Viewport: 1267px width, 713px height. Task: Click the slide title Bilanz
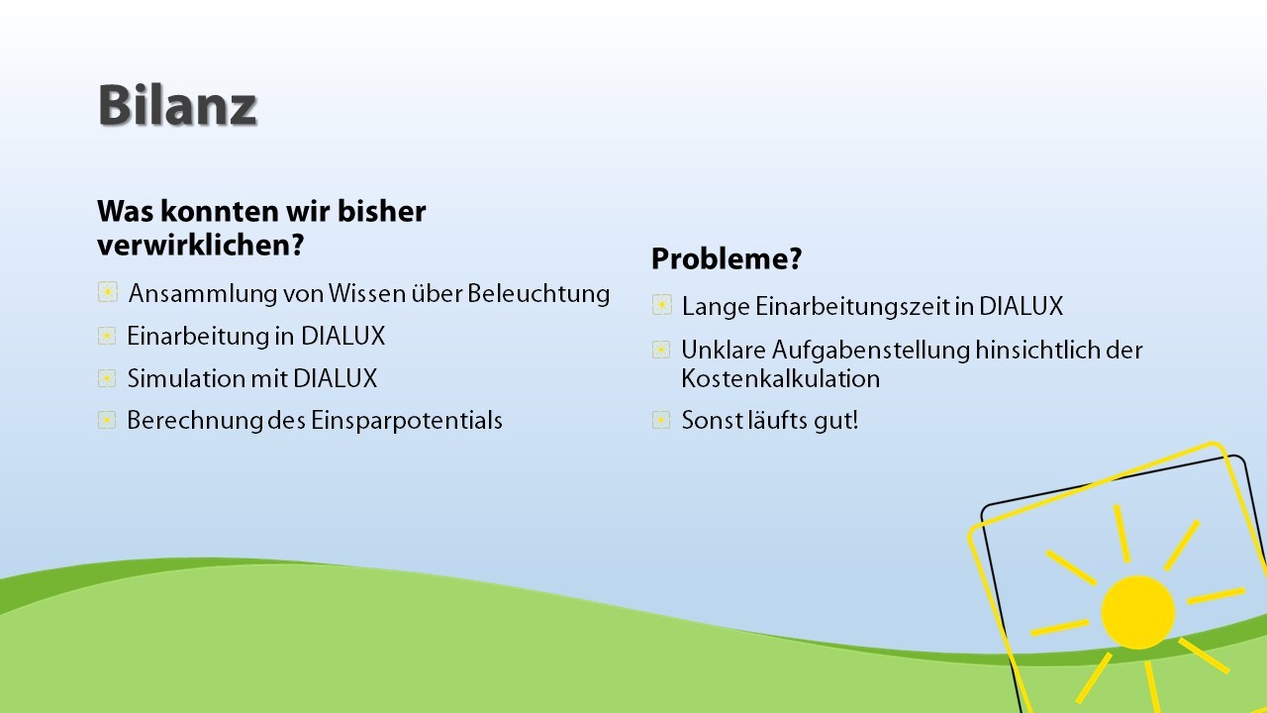pyautogui.click(x=177, y=105)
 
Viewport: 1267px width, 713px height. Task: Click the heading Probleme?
pyautogui.click(x=727, y=258)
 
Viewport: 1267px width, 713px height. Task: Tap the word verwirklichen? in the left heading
pyautogui.click(x=201, y=246)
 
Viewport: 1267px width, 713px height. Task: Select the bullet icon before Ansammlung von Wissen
pyautogui.click(x=108, y=292)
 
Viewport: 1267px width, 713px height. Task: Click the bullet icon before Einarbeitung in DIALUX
pyautogui.click(x=107, y=336)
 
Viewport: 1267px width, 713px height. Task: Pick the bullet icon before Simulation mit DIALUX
pyautogui.click(x=107, y=378)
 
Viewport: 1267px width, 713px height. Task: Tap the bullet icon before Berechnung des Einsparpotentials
pyautogui.click(x=107, y=420)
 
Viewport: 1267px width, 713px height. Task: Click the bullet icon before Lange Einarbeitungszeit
pyautogui.click(x=662, y=305)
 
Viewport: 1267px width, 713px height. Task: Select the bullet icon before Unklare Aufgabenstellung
pyautogui.click(x=661, y=350)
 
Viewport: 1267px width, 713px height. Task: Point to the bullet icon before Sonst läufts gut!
pyautogui.click(x=661, y=420)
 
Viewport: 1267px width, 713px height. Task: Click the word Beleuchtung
pyautogui.click(x=538, y=294)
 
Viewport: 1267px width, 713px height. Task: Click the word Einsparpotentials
pyautogui.click(x=406, y=421)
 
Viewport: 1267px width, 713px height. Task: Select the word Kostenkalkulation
pyautogui.click(x=781, y=378)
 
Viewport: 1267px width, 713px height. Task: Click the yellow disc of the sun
pyautogui.click(x=1138, y=612)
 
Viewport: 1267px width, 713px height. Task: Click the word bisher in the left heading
pyautogui.click(x=381, y=212)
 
